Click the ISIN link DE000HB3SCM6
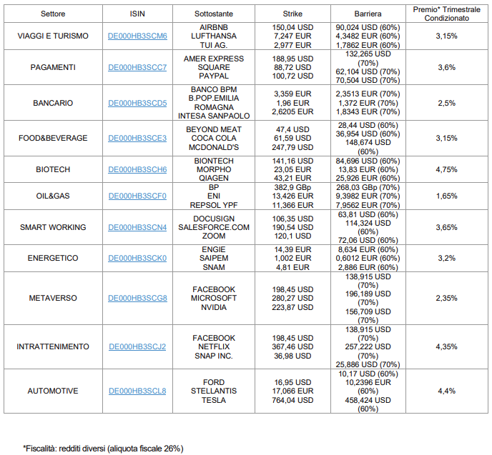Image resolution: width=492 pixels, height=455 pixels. pyautogui.click(x=137, y=36)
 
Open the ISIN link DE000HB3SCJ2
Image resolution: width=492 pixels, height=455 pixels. pyautogui.click(x=137, y=346)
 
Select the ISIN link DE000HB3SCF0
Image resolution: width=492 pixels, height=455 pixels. pyautogui.click(x=137, y=196)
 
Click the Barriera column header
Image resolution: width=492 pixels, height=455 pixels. pyautogui.click(x=368, y=14)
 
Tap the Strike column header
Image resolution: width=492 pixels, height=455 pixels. pyautogui.click(x=292, y=14)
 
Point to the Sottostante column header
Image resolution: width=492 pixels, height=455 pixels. pyautogui.click(x=214, y=14)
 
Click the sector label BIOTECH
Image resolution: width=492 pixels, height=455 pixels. pyautogui.click(x=53, y=169)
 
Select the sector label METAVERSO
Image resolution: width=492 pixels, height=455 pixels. pyautogui.click(x=53, y=298)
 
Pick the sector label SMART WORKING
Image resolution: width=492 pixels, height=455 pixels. pyautogui.click(x=53, y=227)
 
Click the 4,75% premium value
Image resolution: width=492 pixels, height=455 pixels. pyautogui.click(x=446, y=169)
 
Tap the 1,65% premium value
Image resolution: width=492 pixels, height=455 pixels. pyautogui.click(x=446, y=196)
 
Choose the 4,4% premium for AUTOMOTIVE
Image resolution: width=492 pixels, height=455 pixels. pyautogui.click(x=446, y=391)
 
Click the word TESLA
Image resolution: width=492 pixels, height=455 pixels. pyautogui.click(x=214, y=400)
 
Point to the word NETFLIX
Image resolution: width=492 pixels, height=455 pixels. pyautogui.click(x=214, y=346)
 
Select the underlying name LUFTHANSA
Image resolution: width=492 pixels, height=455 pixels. pyautogui.click(x=214, y=36)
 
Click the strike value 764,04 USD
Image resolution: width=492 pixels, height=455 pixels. pyautogui.click(x=292, y=400)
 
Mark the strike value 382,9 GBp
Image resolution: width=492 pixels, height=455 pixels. pyautogui.click(x=292, y=187)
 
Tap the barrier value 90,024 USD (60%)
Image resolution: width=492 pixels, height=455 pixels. pyautogui.click(x=368, y=28)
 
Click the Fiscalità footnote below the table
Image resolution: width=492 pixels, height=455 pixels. pyautogui.click(x=103, y=449)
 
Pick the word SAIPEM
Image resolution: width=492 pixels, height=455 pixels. pyautogui.click(x=214, y=258)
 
